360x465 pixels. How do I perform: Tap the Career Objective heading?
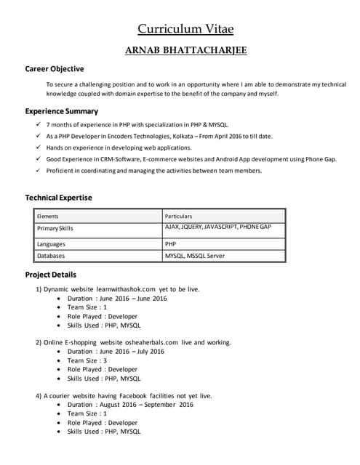click(x=55, y=69)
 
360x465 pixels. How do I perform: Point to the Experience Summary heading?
click(x=62, y=111)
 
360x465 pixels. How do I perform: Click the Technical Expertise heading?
click(x=59, y=198)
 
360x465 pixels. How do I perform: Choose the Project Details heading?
click(x=51, y=275)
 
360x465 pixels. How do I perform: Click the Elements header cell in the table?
click(x=48, y=216)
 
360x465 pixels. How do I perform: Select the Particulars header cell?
click(x=179, y=216)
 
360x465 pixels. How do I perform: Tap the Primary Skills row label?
click(x=55, y=228)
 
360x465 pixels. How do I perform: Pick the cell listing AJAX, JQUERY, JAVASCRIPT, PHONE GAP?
click(x=218, y=227)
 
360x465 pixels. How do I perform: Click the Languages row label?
click(x=51, y=244)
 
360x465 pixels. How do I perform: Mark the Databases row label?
click(x=51, y=256)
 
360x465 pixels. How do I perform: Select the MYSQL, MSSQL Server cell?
click(x=195, y=256)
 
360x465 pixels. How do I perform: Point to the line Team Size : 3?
click(x=87, y=360)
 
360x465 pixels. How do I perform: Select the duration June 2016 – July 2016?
click(x=130, y=352)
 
